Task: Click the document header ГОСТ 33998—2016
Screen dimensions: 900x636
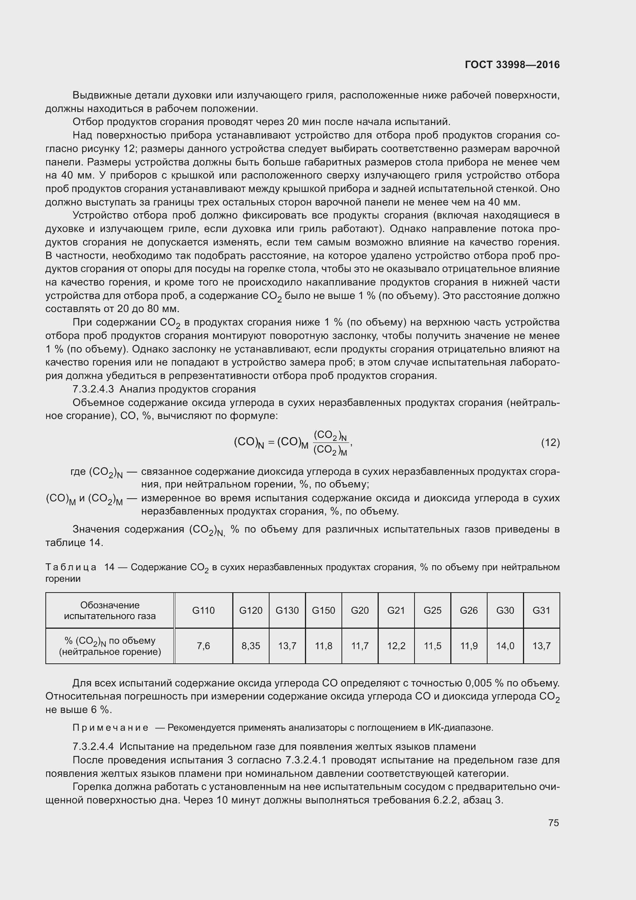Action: coord(512,65)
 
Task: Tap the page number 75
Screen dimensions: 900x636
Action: coord(553,822)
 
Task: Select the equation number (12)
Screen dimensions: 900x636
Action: coord(550,442)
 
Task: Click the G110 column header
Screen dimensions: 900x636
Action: coord(203,610)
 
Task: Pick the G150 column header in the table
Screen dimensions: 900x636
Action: coord(323,610)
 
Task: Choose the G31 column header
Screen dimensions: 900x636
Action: coord(541,610)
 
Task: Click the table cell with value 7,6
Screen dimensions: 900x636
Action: coord(203,646)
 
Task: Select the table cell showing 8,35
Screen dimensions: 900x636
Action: coord(251,646)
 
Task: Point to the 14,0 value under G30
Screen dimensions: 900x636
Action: coord(505,646)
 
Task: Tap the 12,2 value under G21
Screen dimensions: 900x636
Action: coord(396,646)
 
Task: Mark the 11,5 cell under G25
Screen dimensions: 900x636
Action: coord(432,646)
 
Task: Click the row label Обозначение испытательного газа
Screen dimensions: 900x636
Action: coord(110,610)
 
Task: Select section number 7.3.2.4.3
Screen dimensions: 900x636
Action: coord(93,389)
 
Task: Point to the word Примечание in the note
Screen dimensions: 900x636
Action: coord(110,728)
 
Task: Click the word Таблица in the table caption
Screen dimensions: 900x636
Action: coord(71,567)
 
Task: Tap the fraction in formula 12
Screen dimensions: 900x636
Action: coord(331,442)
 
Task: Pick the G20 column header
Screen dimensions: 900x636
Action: coord(360,610)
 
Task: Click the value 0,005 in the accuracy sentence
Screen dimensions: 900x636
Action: coord(478,683)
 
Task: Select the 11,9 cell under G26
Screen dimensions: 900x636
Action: coord(469,646)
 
